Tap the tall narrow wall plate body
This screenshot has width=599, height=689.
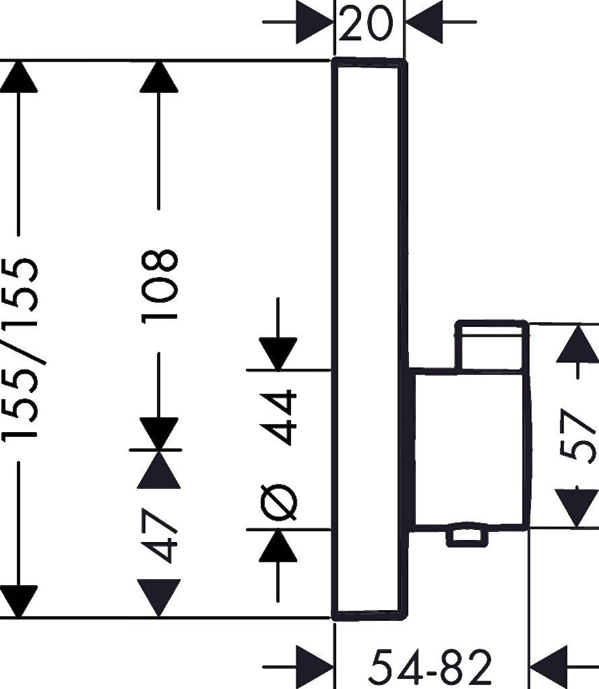pyautogui.click(x=369, y=202)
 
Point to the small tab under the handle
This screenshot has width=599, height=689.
pyautogui.click(x=465, y=537)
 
